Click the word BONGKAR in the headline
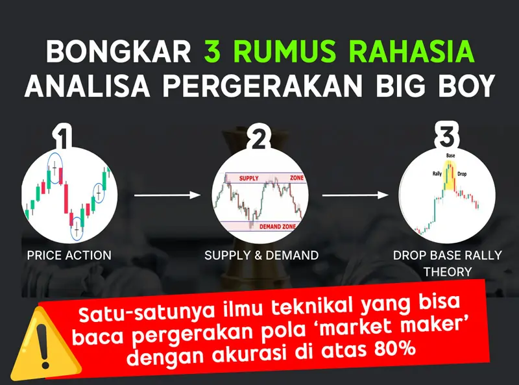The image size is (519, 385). (x=119, y=52)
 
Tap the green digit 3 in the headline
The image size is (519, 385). (x=213, y=52)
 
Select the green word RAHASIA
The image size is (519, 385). (x=412, y=52)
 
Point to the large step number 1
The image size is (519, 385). (x=63, y=136)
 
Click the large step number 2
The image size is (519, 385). (x=258, y=138)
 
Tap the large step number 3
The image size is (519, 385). (x=447, y=135)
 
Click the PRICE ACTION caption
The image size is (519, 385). (x=69, y=255)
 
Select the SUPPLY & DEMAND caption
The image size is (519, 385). (x=261, y=255)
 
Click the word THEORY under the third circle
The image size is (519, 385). (x=448, y=271)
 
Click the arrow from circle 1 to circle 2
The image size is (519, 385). (x=167, y=195)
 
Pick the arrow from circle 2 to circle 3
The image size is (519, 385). (x=355, y=195)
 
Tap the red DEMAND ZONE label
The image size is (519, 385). (x=278, y=227)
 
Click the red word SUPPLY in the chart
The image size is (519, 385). (x=249, y=179)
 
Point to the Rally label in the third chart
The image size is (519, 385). (x=437, y=173)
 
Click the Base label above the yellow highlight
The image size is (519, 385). (x=450, y=155)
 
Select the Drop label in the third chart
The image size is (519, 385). (x=462, y=174)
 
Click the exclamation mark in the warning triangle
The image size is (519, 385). (x=43, y=345)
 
